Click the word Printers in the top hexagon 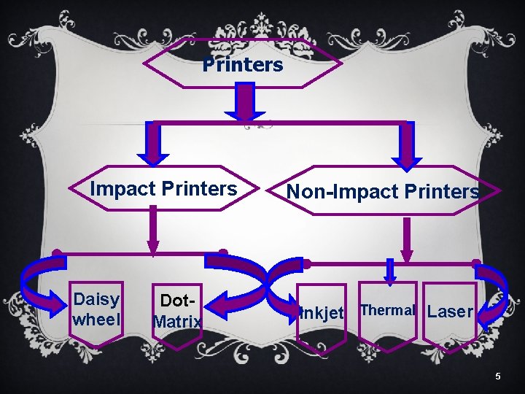(x=242, y=65)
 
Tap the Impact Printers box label (x=163, y=189)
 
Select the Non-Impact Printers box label (x=383, y=192)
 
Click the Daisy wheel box (x=97, y=309)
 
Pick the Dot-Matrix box (x=177, y=310)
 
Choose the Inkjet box (x=321, y=313)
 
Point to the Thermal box (x=387, y=310)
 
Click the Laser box (x=450, y=312)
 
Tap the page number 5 (x=498, y=376)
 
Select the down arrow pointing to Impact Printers (x=153, y=142)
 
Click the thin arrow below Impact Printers (x=153, y=229)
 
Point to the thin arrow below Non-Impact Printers (x=406, y=238)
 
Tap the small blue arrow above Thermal (x=390, y=271)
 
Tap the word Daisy (x=96, y=299)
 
